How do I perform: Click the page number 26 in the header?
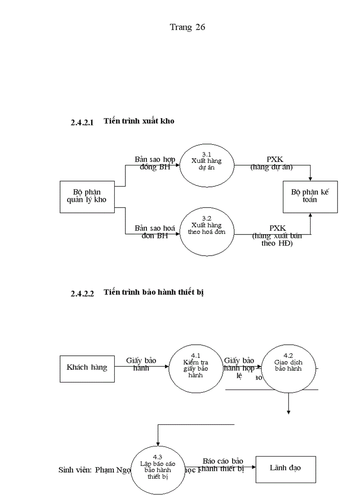tap(200, 27)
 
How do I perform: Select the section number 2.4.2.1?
tap(82, 123)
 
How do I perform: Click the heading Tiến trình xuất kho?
tap(139, 121)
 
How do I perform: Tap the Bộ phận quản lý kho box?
tap(87, 196)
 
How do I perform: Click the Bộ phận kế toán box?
tap(310, 196)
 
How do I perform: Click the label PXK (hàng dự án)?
tap(271, 163)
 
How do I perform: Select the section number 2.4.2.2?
tap(82, 294)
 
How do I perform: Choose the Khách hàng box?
tap(87, 367)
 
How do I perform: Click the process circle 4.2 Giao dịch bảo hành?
tap(288, 367)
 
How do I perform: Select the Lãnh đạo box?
tap(285, 468)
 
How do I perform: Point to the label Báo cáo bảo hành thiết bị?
tap(223, 465)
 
